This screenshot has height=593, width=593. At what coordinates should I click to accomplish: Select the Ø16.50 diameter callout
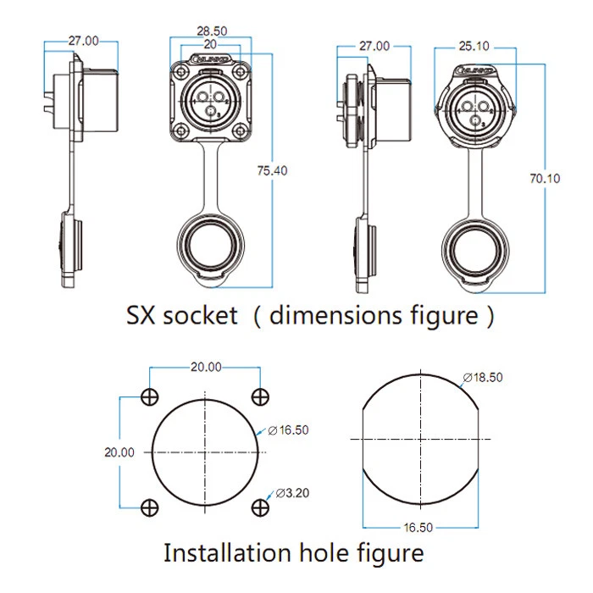coord(288,430)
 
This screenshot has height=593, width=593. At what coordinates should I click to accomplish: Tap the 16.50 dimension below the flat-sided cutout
coord(418,527)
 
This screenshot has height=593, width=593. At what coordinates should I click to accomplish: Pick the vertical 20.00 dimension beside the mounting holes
coord(119,452)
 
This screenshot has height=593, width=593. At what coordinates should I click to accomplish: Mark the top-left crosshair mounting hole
coord(150,397)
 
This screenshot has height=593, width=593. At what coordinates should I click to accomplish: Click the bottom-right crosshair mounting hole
coord(260,507)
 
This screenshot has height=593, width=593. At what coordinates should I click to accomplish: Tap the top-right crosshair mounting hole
coord(260,397)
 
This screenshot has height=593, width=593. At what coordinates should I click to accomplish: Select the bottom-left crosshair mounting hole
coord(150,507)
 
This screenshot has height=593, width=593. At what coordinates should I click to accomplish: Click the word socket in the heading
coord(201,316)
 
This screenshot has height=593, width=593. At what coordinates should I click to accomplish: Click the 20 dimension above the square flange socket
coord(209,43)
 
